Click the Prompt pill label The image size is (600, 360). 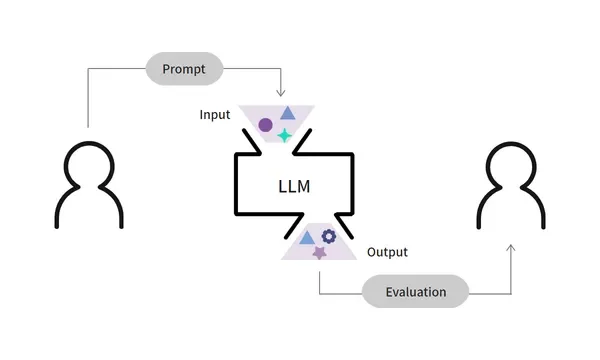pyautogui.click(x=185, y=69)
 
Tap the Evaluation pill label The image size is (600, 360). pyautogui.click(x=414, y=292)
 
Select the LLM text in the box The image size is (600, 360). pyautogui.click(x=294, y=186)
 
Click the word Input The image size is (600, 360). pyautogui.click(x=215, y=115)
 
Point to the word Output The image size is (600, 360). pyautogui.click(x=387, y=252)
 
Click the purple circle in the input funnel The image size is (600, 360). pyautogui.click(x=265, y=126)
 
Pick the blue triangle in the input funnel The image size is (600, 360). pyautogui.click(x=287, y=114)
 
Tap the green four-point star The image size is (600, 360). pyautogui.click(x=284, y=135)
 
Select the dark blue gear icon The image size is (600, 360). pyautogui.click(x=328, y=236)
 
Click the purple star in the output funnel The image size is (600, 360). pyautogui.click(x=319, y=253)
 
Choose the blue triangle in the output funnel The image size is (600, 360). pyautogui.click(x=307, y=238)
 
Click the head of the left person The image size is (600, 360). pyautogui.click(x=90, y=163)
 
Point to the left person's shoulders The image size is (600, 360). pyautogui.click(x=90, y=207)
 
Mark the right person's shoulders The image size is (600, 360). pyautogui.click(x=512, y=207)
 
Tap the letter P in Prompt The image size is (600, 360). pyautogui.click(x=166, y=69)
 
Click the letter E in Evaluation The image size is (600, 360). pyautogui.click(x=388, y=292)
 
